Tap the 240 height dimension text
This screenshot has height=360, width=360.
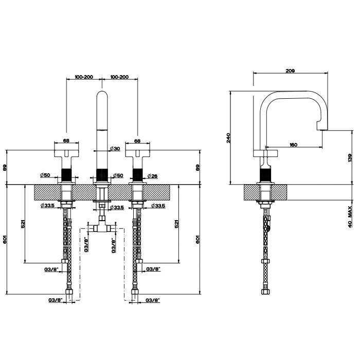(x=228, y=137)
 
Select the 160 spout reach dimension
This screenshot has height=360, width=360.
(x=293, y=145)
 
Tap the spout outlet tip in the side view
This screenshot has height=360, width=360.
(x=321, y=125)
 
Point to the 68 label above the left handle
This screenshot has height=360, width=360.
(x=66, y=139)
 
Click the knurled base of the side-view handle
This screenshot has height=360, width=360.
(x=266, y=175)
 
